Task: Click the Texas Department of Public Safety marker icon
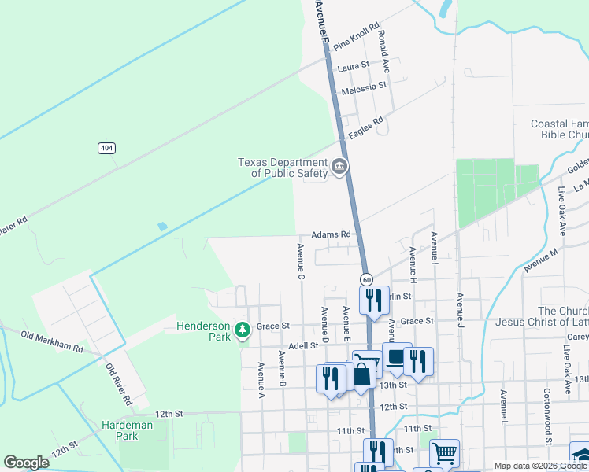click(x=339, y=166)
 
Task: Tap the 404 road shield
click(x=106, y=148)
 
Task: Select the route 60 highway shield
click(x=367, y=280)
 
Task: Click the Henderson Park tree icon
click(x=243, y=330)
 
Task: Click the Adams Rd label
click(x=330, y=234)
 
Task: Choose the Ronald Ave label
click(x=385, y=49)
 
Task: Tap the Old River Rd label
click(x=120, y=383)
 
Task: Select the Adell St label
click(x=302, y=345)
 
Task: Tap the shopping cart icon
click(x=444, y=452)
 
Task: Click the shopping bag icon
click(x=361, y=375)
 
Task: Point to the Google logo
click(x=26, y=463)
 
